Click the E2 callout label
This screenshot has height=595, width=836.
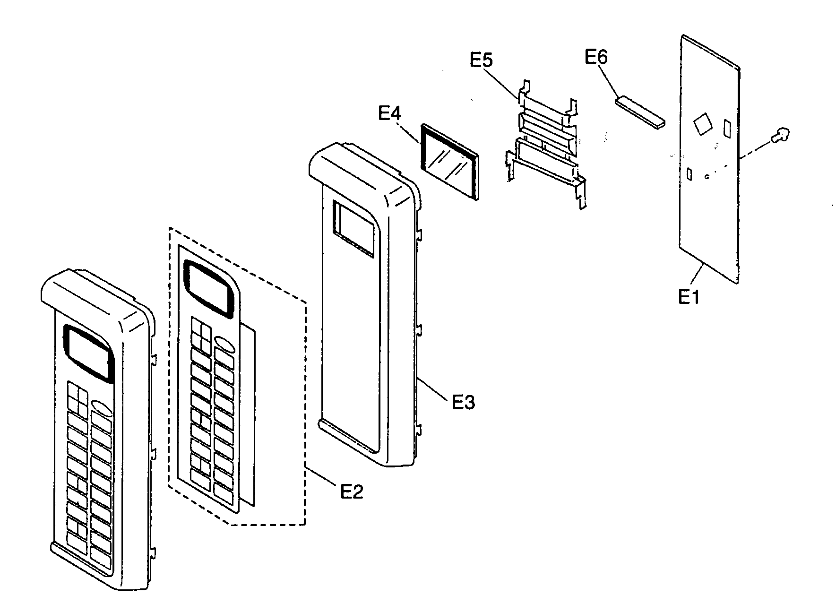(352, 492)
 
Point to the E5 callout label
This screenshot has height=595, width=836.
(481, 60)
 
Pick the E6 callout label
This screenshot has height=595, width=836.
(596, 57)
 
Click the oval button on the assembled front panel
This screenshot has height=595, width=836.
(102, 408)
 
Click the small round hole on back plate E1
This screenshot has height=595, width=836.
(706, 177)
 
